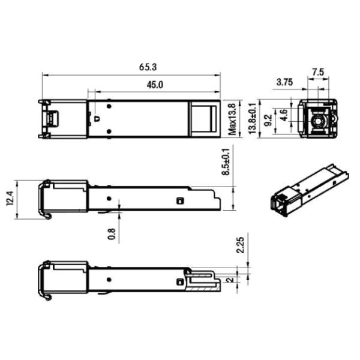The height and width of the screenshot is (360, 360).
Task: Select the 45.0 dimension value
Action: coord(154,85)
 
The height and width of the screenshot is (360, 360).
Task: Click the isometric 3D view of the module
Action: coord(308,191)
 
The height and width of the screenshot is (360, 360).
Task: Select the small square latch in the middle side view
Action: coord(179,201)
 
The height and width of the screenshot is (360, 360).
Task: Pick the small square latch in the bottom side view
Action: coord(179,281)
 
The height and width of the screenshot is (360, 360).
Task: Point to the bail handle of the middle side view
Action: coord(44,199)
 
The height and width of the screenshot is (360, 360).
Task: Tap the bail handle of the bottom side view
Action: coord(44,280)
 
